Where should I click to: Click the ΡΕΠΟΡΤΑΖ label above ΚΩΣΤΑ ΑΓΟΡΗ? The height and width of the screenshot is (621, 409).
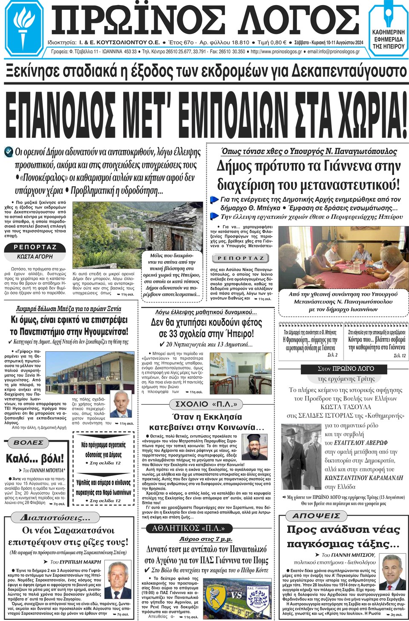pos(35,247)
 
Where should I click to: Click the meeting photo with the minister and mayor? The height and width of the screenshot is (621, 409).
pos(343,258)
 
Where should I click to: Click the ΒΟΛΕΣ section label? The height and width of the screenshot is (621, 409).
pos(29,443)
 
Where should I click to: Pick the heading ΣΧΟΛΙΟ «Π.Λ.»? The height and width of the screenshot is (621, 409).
pos(206,404)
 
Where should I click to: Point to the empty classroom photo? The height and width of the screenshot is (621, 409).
pos(241,373)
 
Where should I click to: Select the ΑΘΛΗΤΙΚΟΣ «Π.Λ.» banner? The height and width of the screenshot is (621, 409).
pos(188,528)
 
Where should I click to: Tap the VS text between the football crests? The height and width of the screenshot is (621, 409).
pos(236,595)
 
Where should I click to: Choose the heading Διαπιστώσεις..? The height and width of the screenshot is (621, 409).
pos(55,518)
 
